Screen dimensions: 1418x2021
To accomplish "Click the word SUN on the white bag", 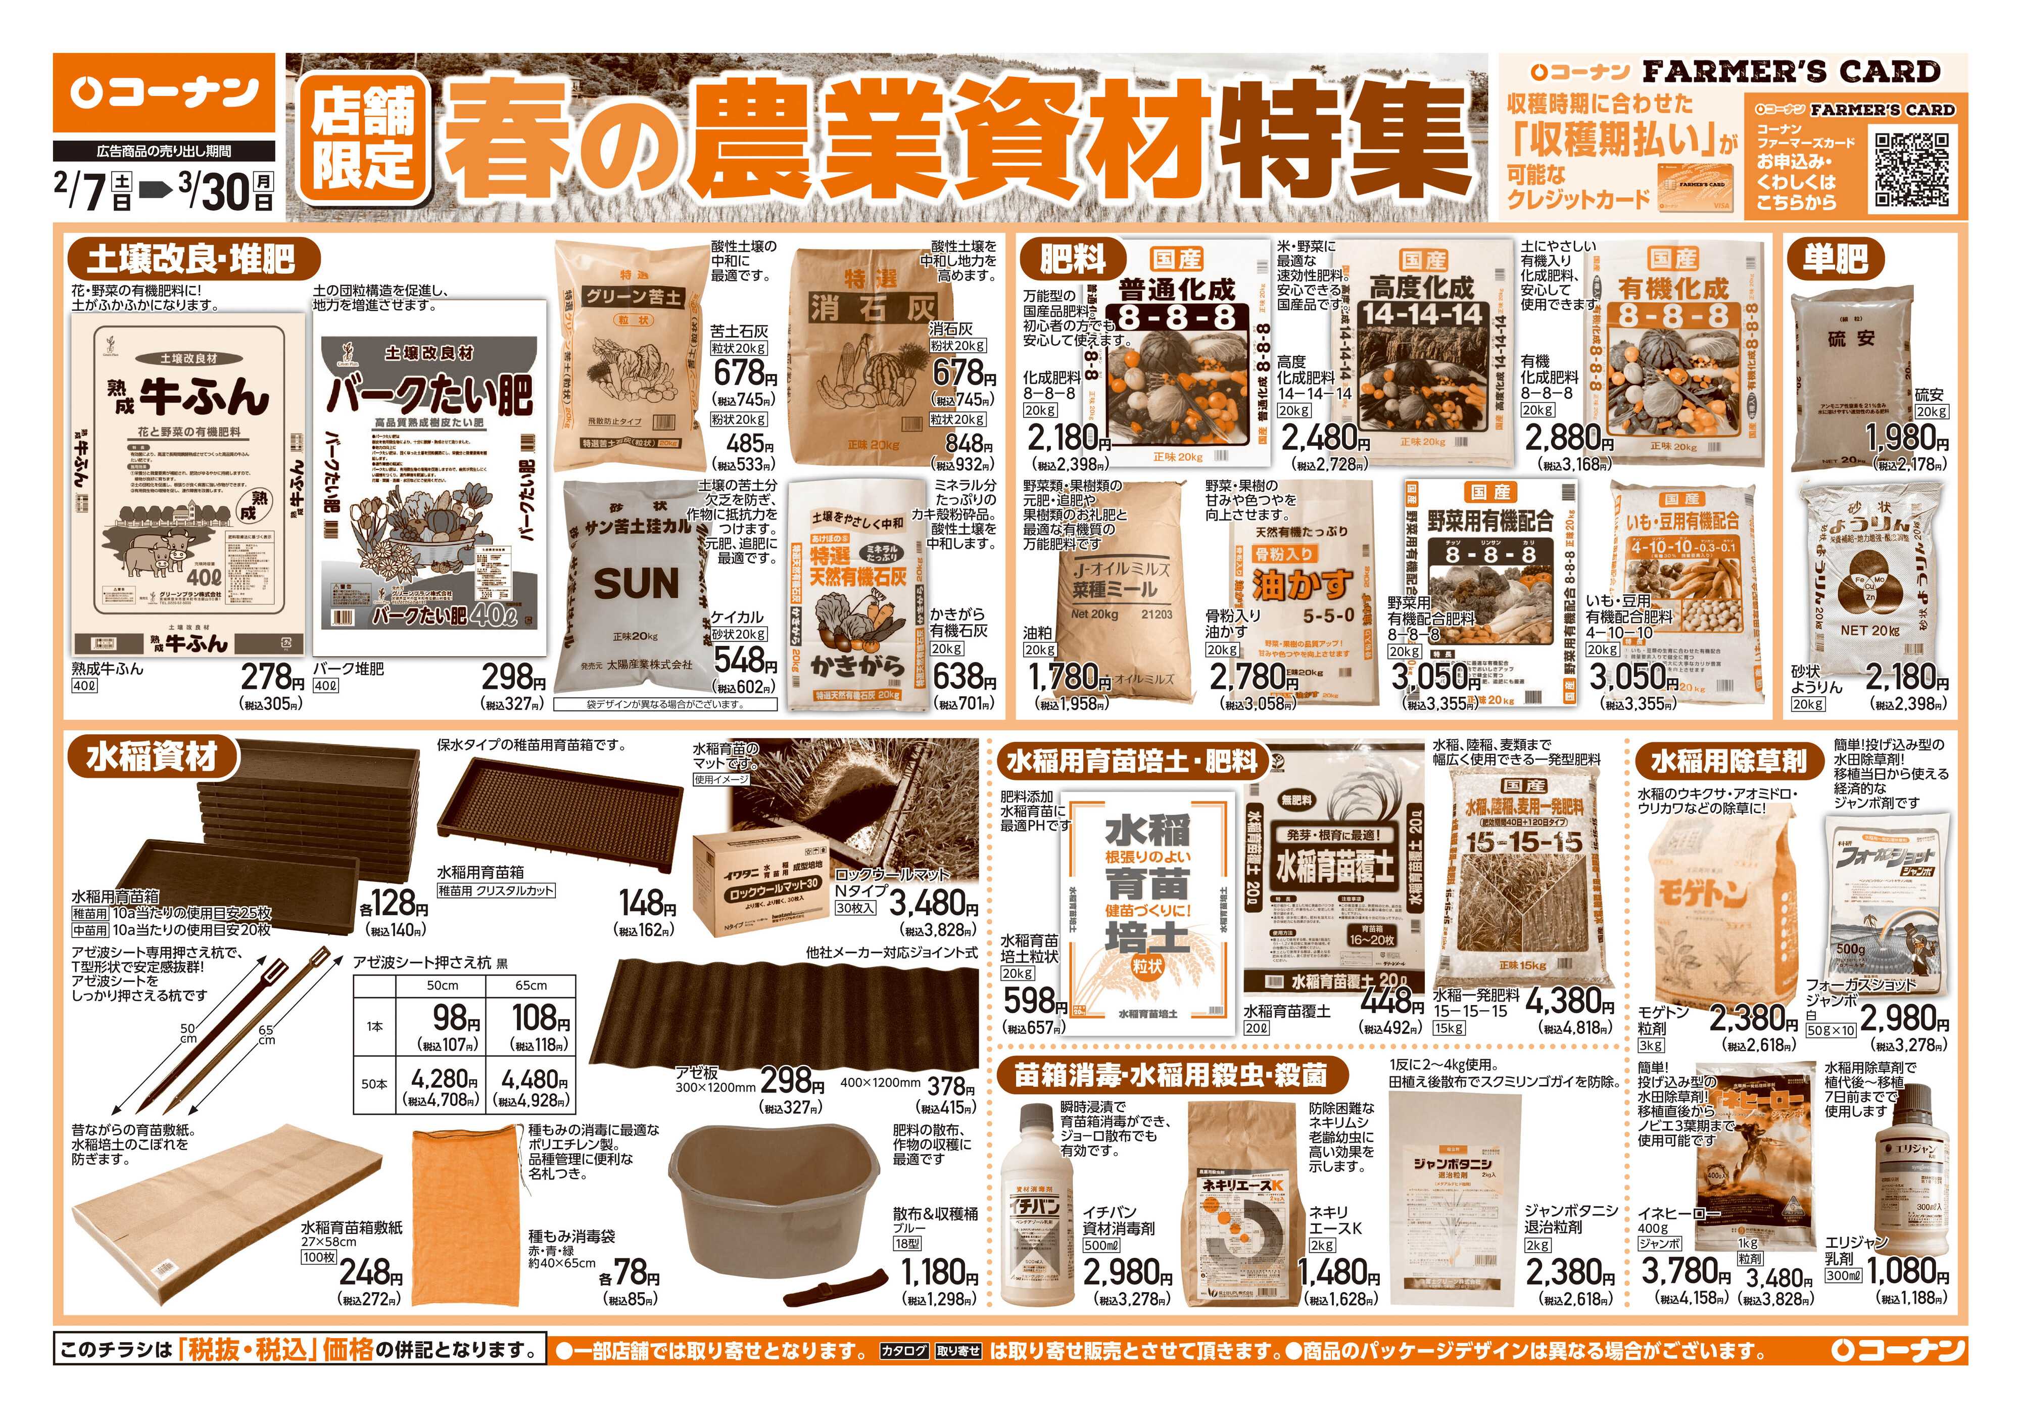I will click(637, 583).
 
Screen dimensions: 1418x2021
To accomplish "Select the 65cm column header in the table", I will click(531, 986).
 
